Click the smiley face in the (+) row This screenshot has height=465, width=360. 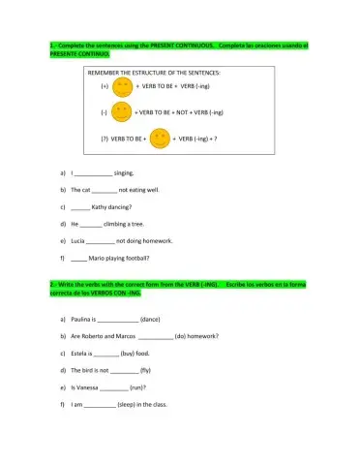[x=122, y=87]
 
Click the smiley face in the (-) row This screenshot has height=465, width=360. [x=121, y=112]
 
